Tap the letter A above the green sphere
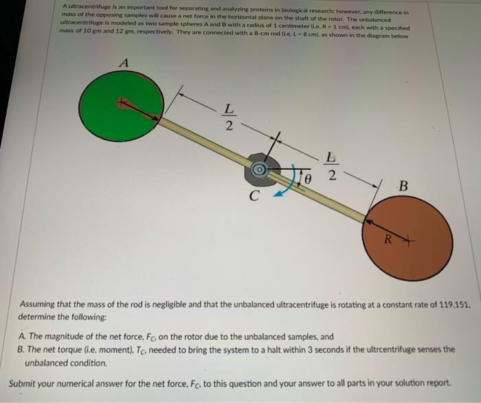coord(124,62)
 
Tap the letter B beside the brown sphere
coord(403,186)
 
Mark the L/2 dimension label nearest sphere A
coord(232,117)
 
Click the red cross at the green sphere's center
coord(123,104)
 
